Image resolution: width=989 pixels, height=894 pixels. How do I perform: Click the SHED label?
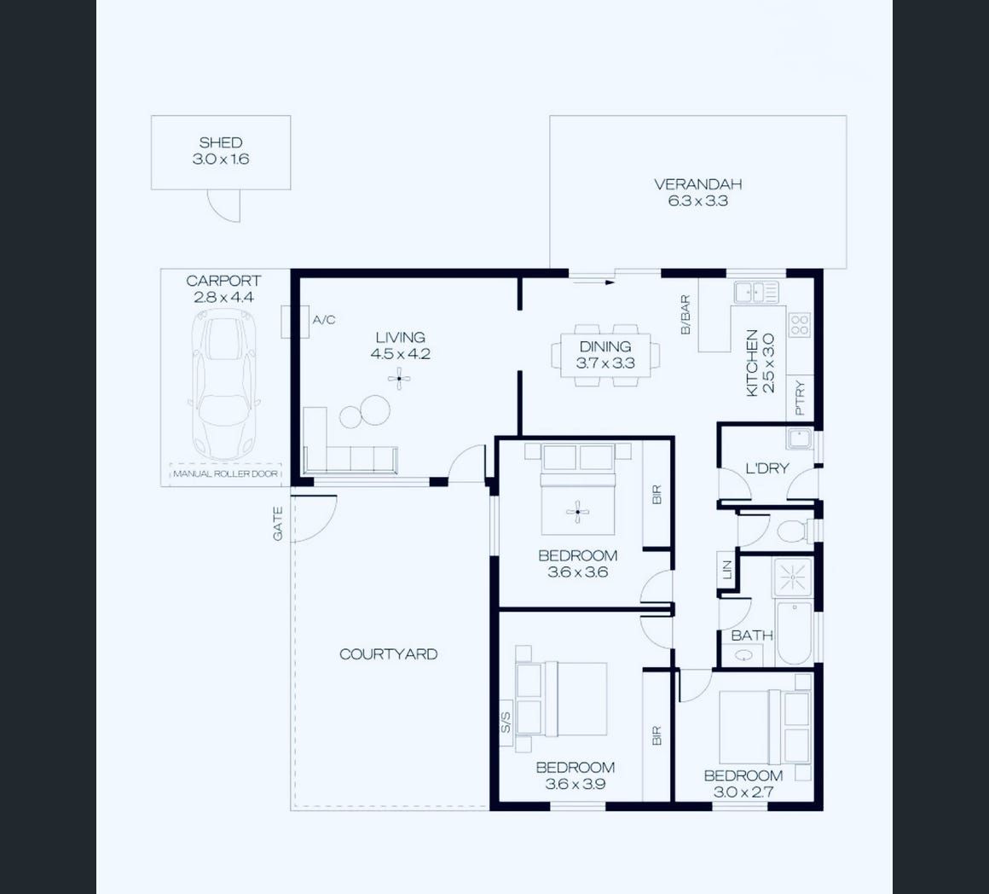[221, 142]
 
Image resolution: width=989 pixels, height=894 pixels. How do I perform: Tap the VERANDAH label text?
[697, 185]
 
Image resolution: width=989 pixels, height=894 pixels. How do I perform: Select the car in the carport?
[223, 387]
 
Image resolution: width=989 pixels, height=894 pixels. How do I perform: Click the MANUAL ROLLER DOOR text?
[225, 473]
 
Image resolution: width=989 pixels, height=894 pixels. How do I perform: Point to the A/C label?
[324, 321]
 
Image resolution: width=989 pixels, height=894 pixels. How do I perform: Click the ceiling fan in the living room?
[399, 379]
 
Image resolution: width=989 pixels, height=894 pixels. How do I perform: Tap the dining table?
[605, 356]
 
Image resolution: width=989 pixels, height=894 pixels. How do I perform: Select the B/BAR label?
[685, 315]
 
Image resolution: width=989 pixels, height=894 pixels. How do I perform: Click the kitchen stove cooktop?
[800, 324]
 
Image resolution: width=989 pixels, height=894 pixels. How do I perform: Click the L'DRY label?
[767, 469]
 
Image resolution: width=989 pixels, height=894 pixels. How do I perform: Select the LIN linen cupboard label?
[727, 570]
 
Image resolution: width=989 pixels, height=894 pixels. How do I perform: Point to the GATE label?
[278, 525]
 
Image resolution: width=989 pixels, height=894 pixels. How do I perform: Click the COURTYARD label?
[389, 654]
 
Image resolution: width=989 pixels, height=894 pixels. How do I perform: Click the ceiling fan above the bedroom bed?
[578, 512]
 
